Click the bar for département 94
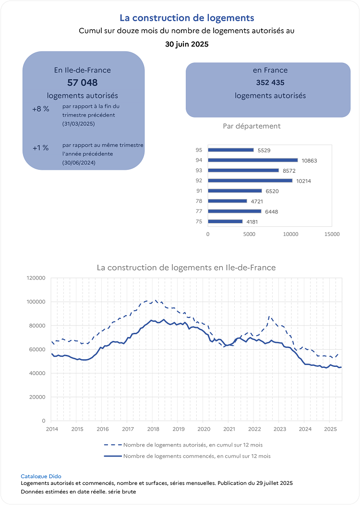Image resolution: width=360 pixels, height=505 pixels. pyautogui.click(x=252, y=160)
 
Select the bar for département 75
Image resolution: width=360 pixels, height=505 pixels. pyautogui.click(x=225, y=222)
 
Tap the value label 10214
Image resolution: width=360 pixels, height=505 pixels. pyautogui.click(x=303, y=181)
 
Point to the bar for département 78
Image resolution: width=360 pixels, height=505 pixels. pyautogui.click(x=227, y=201)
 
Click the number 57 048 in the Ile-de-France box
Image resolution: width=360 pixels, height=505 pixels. pyautogui.click(x=83, y=82)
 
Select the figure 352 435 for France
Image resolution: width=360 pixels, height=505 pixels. pyautogui.click(x=270, y=82)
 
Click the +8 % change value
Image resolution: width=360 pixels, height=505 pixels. pyautogui.click(x=41, y=109)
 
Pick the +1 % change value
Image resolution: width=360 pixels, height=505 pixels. pyautogui.click(x=41, y=148)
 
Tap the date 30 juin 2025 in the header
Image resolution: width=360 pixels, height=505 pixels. pyautogui.click(x=187, y=44)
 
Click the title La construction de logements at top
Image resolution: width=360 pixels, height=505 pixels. pyautogui.click(x=187, y=18)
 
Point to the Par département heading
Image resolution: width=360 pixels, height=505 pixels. pyautogui.click(x=252, y=126)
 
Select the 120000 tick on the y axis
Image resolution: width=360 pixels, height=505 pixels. pyautogui.click(x=36, y=278)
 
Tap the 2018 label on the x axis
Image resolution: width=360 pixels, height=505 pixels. pyautogui.click(x=153, y=429)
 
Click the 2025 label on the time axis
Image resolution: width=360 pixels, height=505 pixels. pyautogui.click(x=330, y=429)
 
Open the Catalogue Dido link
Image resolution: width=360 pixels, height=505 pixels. pyautogui.click(x=41, y=476)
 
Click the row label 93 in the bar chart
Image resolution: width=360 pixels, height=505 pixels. pyautogui.click(x=199, y=170)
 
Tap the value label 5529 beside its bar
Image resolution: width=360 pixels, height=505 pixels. pyautogui.click(x=264, y=150)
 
